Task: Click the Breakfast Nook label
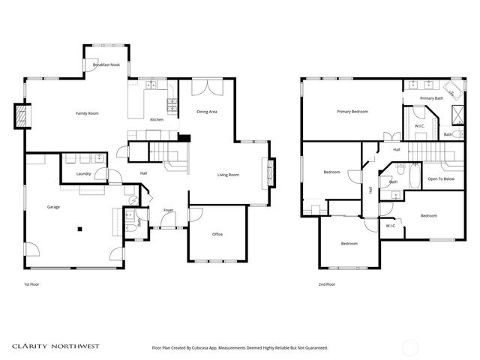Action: [x=106, y=65]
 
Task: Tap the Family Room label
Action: [x=87, y=113]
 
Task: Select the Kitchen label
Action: [x=157, y=120]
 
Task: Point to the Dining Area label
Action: [x=207, y=112]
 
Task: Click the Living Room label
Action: [x=228, y=175]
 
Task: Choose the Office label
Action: [x=217, y=234]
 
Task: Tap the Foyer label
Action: [x=169, y=210]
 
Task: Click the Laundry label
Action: [x=84, y=174]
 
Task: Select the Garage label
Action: [x=53, y=206]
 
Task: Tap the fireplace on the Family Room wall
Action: [x=21, y=116]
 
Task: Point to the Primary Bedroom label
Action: [x=352, y=112]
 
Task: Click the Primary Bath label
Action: [x=431, y=98]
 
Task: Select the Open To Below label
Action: [x=440, y=179]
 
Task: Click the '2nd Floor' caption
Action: [x=326, y=285]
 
